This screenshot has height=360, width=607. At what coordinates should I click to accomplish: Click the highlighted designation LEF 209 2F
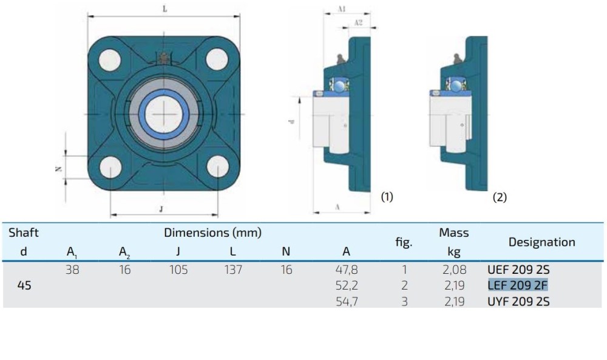point(518,285)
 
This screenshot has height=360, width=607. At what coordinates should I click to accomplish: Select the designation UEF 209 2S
point(518,270)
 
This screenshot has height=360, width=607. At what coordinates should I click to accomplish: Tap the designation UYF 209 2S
point(518,302)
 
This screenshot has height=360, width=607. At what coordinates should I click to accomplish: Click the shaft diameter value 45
point(24,285)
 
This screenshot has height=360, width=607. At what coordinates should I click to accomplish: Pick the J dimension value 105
point(178,270)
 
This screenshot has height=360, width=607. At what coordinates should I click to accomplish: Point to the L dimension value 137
point(234,270)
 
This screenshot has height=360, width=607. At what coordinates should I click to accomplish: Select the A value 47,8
point(347,270)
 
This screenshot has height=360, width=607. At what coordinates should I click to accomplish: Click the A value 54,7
point(347,302)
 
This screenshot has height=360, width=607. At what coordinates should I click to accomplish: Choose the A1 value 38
point(72,270)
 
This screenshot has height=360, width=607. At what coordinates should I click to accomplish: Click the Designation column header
point(541,242)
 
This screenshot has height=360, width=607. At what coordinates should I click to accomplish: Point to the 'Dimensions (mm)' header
point(212,233)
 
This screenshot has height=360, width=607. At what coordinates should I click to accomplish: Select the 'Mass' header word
point(453,233)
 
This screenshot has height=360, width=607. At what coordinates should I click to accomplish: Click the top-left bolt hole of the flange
point(110,60)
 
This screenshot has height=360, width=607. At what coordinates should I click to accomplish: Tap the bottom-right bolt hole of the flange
point(218,167)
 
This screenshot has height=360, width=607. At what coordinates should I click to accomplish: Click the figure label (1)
point(387,197)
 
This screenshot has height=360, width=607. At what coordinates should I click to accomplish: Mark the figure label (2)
point(500,197)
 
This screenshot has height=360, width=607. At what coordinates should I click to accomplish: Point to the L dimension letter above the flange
point(165,8)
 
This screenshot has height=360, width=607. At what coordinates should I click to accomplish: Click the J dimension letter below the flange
point(161,209)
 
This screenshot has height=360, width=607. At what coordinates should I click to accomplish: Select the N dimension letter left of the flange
point(59,169)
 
